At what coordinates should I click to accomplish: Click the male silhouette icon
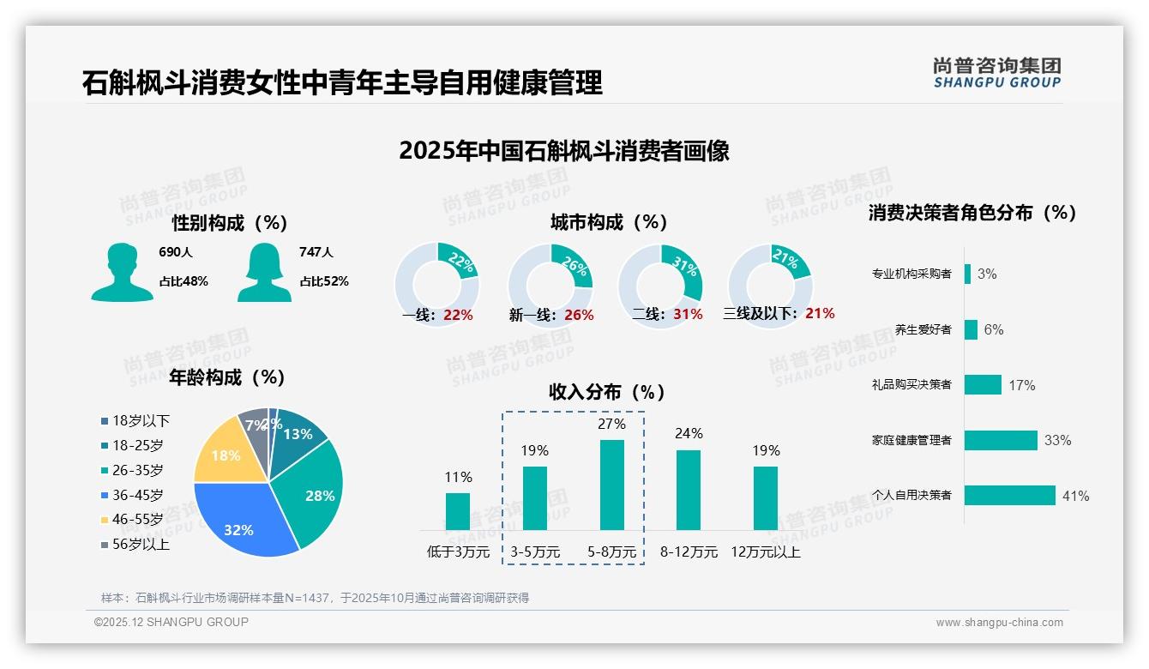[122, 272]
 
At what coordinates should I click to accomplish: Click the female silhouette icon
[265, 272]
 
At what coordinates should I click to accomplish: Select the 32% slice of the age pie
[244, 519]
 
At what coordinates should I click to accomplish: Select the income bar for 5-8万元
[612, 485]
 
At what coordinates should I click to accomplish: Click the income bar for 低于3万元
[458, 511]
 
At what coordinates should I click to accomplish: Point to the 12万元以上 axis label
[765, 552]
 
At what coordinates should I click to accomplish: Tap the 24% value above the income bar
[689, 434]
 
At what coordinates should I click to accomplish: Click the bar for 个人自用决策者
[1010, 496]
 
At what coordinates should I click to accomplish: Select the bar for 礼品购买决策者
[983, 385]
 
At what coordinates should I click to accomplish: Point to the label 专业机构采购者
[911, 274]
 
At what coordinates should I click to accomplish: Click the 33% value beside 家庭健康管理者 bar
[1057, 441]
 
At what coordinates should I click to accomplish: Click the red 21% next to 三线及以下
[820, 314]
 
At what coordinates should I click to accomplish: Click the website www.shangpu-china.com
[999, 623]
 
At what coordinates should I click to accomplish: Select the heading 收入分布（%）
[607, 393]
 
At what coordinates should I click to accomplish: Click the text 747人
[316, 252]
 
